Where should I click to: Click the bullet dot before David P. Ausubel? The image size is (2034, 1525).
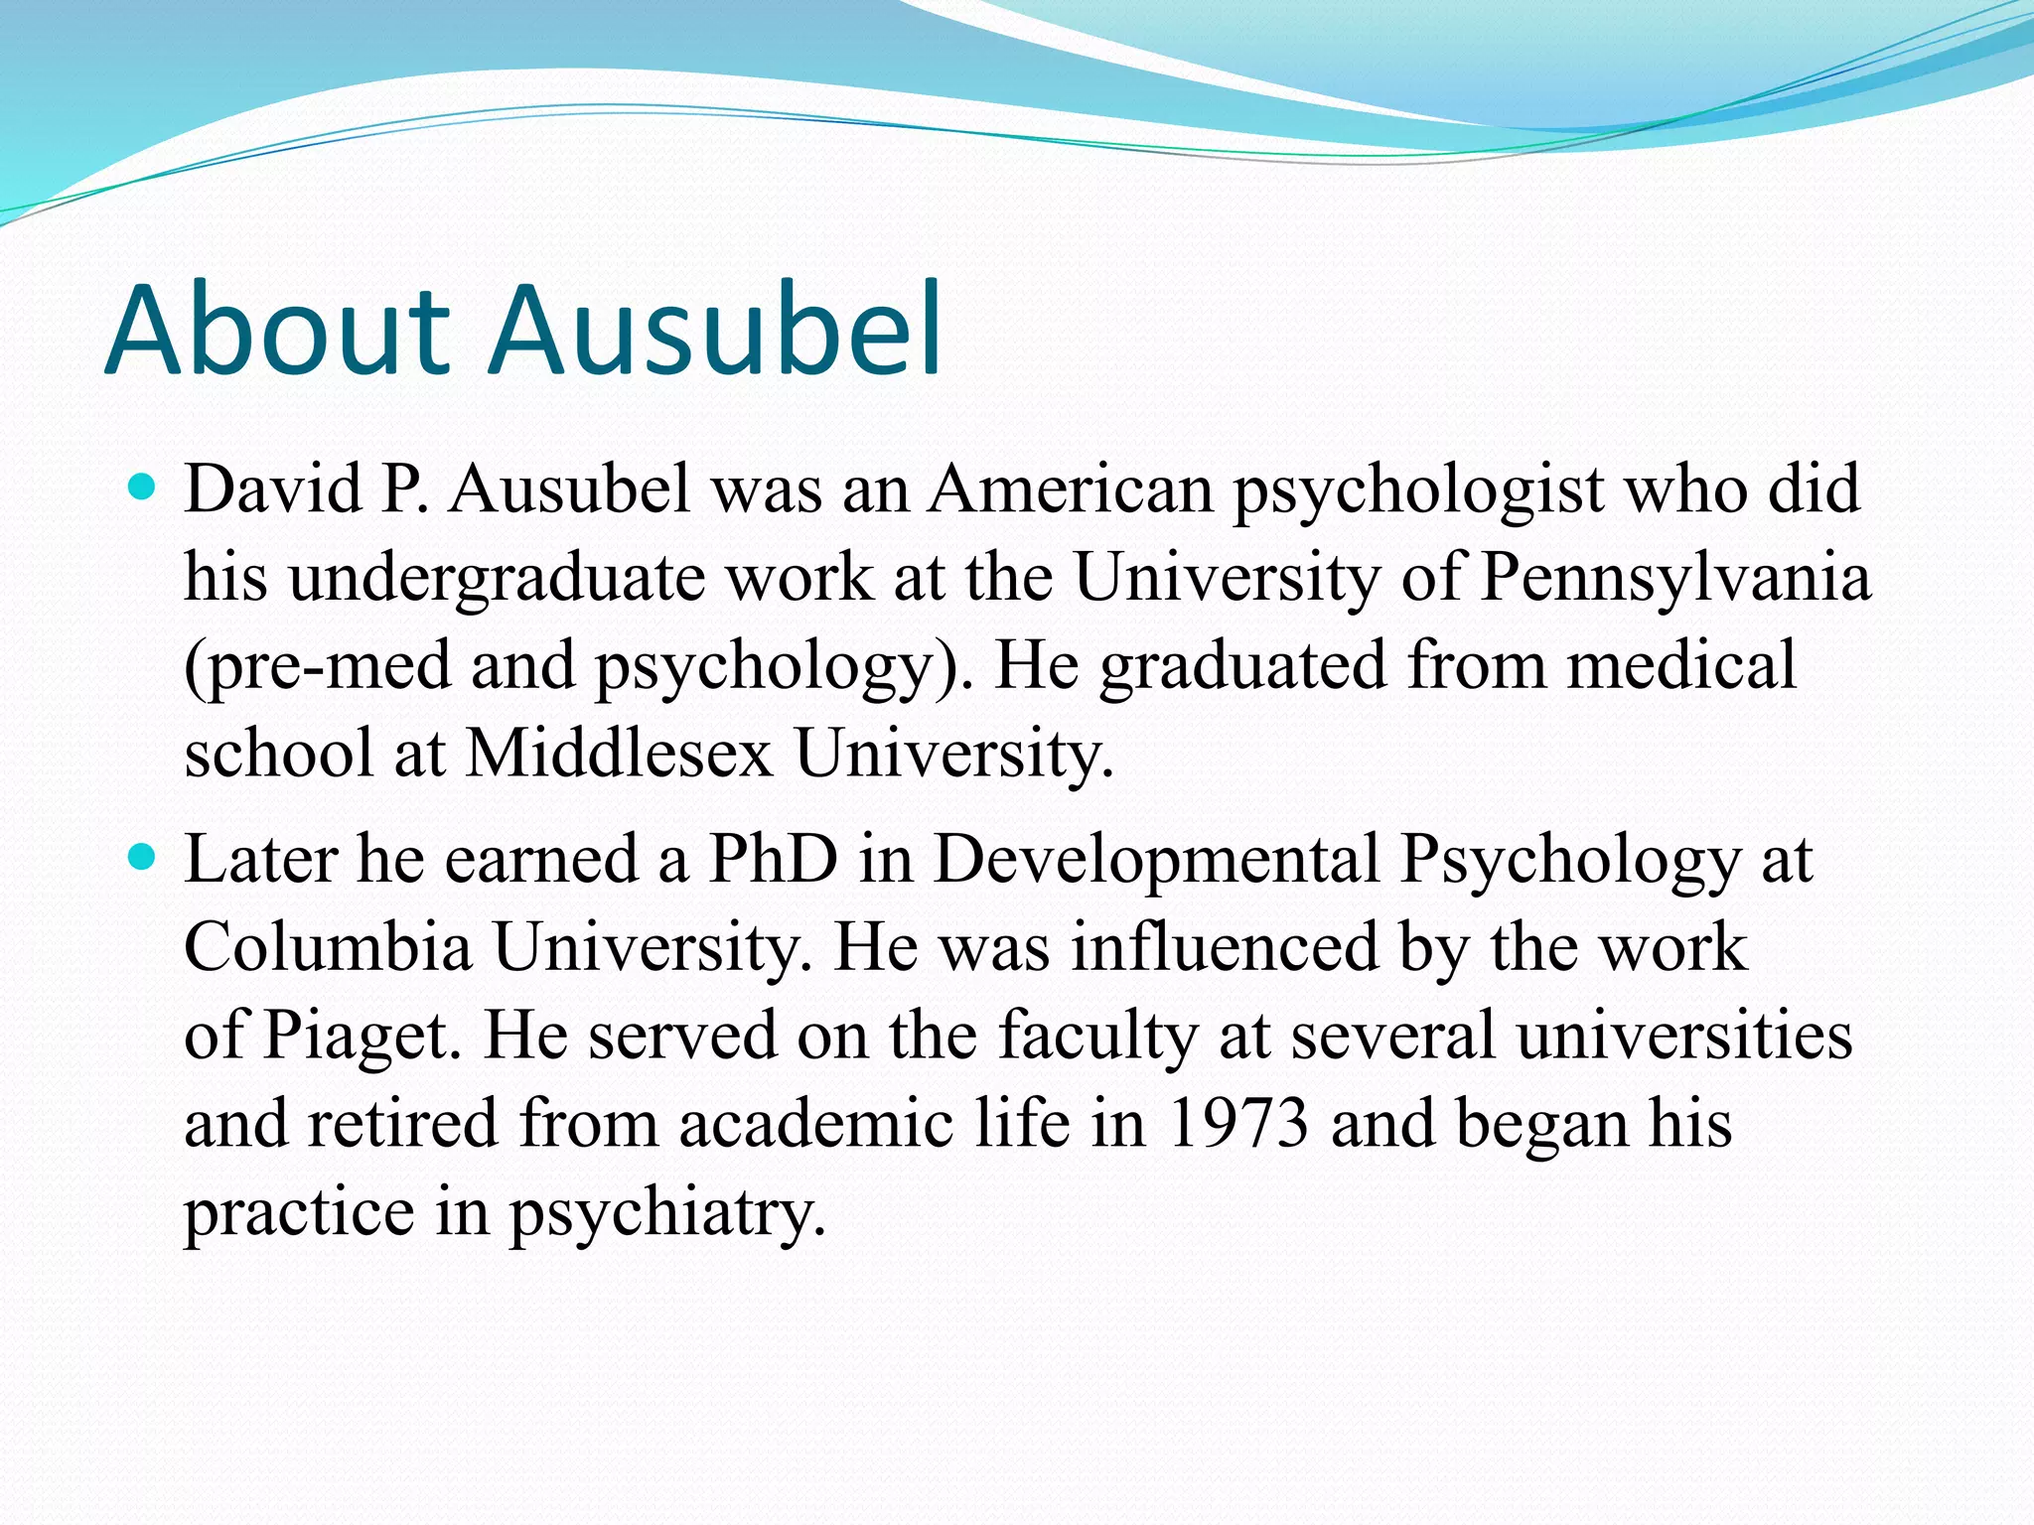[143, 487]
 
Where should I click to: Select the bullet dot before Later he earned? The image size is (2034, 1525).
[143, 856]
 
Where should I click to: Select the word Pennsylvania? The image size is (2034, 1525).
[1674, 579]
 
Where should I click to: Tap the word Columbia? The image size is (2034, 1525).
[328, 946]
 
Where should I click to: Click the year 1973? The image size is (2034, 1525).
[1237, 1124]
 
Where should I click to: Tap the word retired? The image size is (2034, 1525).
[402, 1124]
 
